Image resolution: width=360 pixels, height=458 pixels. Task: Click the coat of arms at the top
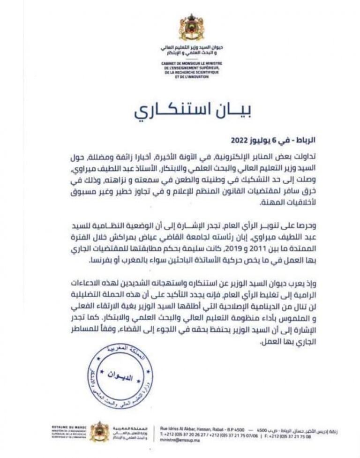(191, 27)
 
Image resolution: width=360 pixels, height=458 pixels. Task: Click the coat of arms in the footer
(99, 431)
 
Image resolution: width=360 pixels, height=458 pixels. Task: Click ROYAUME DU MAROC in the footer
(65, 427)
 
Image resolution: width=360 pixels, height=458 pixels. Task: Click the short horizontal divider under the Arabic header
(191, 58)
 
